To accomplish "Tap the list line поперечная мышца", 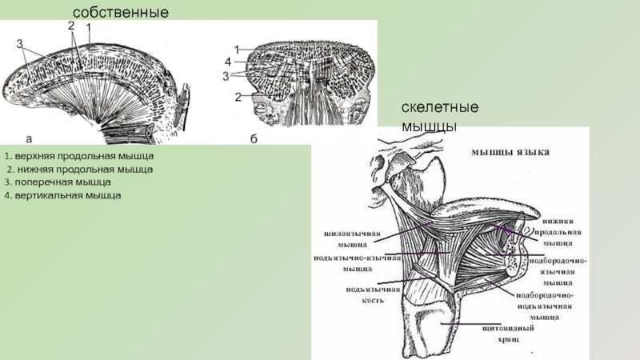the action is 57,182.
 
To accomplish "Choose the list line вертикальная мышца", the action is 62,196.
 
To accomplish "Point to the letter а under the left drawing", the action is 29,137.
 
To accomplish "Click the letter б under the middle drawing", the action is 253,139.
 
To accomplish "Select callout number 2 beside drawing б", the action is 238,97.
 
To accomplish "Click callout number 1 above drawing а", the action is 88,26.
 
